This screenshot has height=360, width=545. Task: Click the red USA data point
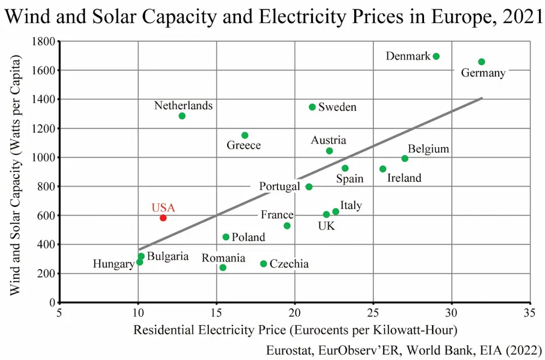pyautogui.click(x=163, y=218)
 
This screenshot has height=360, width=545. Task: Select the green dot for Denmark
pyautogui.click(x=436, y=56)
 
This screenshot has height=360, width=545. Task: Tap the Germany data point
pyautogui.click(x=481, y=62)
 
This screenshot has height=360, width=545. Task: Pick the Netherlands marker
pyautogui.click(x=182, y=116)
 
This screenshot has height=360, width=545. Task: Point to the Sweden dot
pyautogui.click(x=312, y=107)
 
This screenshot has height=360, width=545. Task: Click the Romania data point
pyautogui.click(x=223, y=267)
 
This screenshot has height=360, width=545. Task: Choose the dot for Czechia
pyautogui.click(x=264, y=263)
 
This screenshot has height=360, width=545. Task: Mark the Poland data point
pyautogui.click(x=226, y=237)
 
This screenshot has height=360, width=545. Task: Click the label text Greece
pyautogui.click(x=244, y=145)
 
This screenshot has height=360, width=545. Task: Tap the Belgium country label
pyautogui.click(x=428, y=149)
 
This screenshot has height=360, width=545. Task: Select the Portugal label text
pyautogui.click(x=279, y=187)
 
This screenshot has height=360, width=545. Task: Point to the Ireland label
pyautogui.click(x=404, y=178)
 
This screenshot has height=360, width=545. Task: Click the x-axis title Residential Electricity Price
pyautogui.click(x=295, y=330)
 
